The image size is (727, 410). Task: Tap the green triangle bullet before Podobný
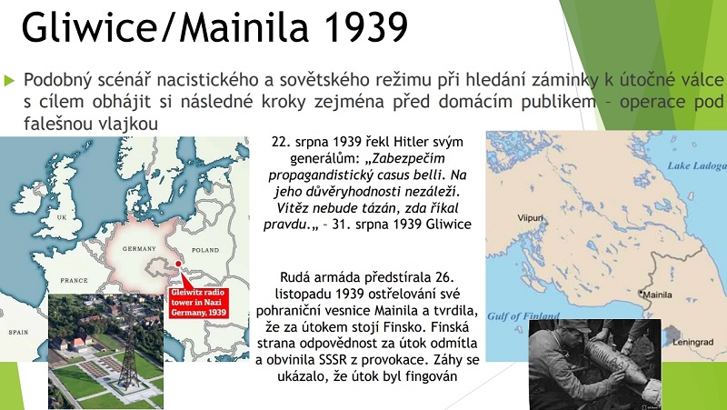pos(9,80)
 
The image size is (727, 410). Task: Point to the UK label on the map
pos(62,217)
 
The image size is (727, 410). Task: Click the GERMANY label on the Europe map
pos(139,248)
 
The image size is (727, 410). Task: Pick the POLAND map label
pos(205,250)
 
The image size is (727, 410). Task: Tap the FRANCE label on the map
pos(75,280)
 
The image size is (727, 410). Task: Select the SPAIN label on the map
pos(18,332)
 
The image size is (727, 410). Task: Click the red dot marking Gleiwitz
pos(178,264)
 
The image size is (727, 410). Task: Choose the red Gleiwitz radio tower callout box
pos(199,303)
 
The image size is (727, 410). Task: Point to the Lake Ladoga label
pos(697,166)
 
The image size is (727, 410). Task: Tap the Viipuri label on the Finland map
pos(530,217)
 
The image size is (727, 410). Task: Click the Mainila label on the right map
pos(657,295)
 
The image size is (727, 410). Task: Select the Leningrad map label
pos(692,343)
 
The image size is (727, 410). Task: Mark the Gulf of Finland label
pos(523,316)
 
